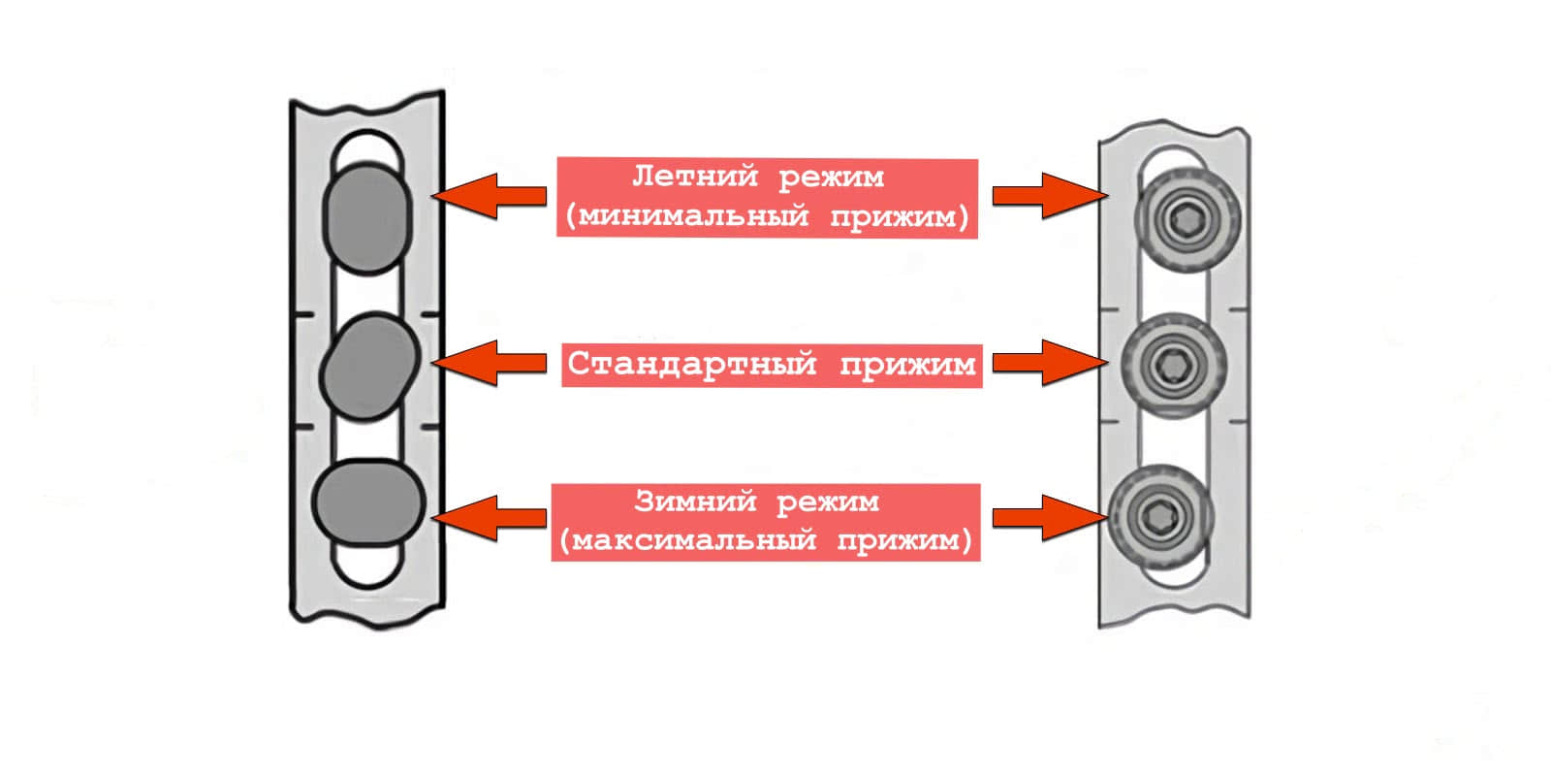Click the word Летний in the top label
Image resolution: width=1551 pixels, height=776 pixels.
point(694,178)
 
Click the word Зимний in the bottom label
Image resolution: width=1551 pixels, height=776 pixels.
point(694,501)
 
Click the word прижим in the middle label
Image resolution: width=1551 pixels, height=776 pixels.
point(906,365)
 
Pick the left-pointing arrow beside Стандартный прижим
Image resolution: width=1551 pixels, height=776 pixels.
point(490,363)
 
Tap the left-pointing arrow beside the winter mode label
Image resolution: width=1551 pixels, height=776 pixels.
point(490,518)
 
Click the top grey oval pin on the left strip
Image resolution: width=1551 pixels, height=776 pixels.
point(366,217)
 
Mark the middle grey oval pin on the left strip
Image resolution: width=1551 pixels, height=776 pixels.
point(368,367)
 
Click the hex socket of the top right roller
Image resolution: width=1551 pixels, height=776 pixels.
point(1187,217)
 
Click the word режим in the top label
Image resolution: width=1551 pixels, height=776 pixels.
point(831,178)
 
